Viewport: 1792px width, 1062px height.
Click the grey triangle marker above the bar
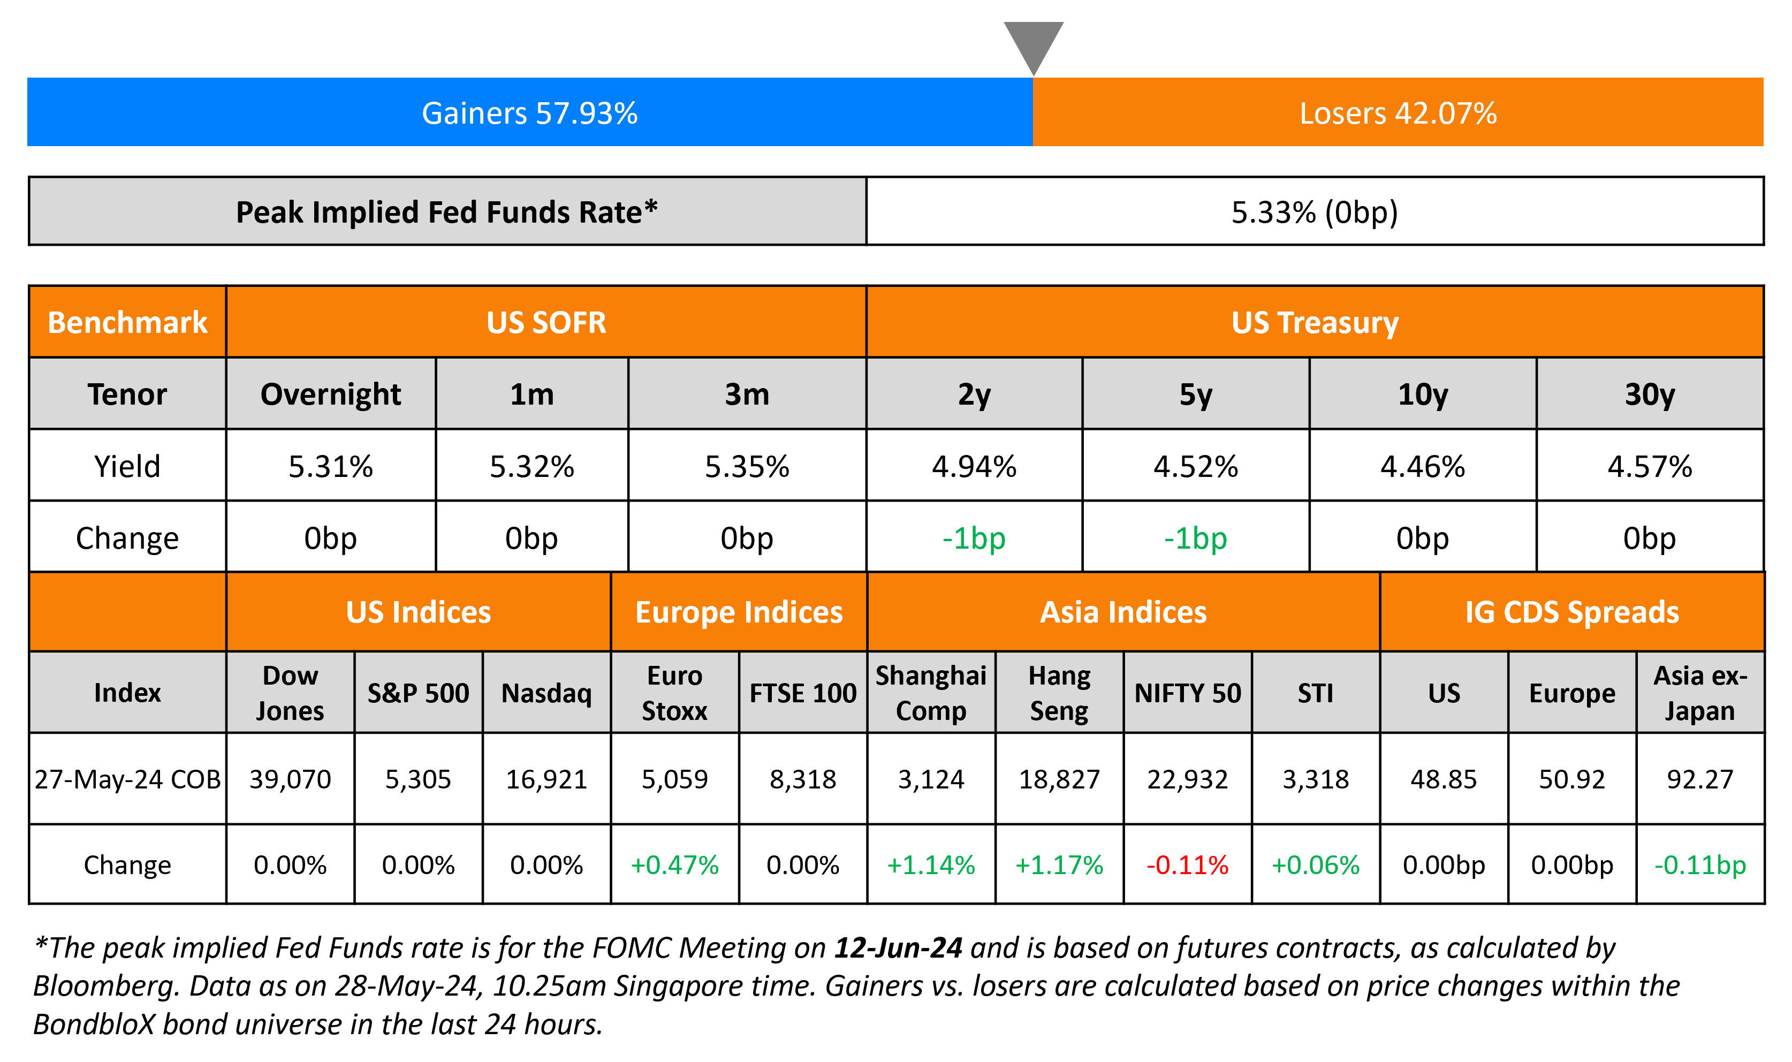coord(1033,43)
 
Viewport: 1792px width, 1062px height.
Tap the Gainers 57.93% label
coord(529,113)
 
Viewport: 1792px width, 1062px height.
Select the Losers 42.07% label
coord(1398,113)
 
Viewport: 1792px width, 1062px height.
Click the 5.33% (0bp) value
coord(1314,212)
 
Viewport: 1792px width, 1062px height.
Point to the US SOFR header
coord(546,323)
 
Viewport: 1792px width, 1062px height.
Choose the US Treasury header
coord(1314,323)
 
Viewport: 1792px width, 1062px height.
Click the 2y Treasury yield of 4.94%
coord(974,467)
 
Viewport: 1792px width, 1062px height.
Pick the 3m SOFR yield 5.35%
coord(747,467)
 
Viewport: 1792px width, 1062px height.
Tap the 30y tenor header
coord(1650,395)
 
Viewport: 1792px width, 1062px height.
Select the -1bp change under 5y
coord(1195,538)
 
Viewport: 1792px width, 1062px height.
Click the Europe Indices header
coord(739,612)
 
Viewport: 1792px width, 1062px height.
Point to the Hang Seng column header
coord(1059,693)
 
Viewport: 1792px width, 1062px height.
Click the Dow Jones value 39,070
coord(290,779)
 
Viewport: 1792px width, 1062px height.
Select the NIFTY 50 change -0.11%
coord(1188,865)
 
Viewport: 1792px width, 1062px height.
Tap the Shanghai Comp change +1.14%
coord(931,865)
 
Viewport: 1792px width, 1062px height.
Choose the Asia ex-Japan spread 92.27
coord(1700,779)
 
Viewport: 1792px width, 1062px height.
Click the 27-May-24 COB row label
coord(127,779)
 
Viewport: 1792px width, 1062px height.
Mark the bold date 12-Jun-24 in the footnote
coord(898,947)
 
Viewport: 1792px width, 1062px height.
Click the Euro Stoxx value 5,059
coord(674,779)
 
